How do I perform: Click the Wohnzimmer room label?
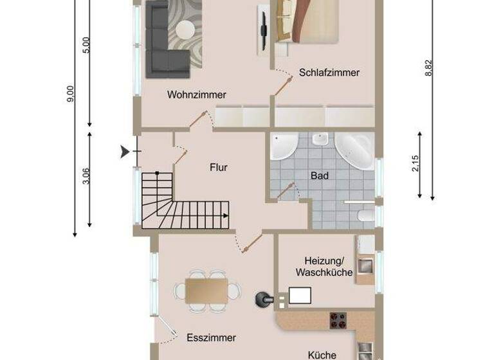(197, 94)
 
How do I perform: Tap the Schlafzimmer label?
(329, 73)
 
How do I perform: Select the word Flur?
(219, 168)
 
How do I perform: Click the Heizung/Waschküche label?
(324, 266)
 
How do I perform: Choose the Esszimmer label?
(211, 337)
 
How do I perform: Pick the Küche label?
(321, 354)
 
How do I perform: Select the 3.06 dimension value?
(86, 175)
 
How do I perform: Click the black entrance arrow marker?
(123, 152)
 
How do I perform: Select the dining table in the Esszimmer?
(208, 289)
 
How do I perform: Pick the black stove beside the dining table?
(264, 299)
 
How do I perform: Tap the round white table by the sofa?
(187, 30)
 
